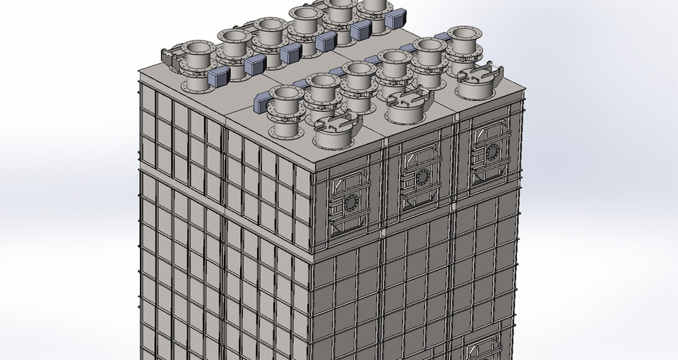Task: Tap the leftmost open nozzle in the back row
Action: click(x=197, y=48)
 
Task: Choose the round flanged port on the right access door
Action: click(x=492, y=151)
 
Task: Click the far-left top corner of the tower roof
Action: click(x=139, y=70)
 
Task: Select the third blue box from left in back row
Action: click(x=290, y=54)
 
